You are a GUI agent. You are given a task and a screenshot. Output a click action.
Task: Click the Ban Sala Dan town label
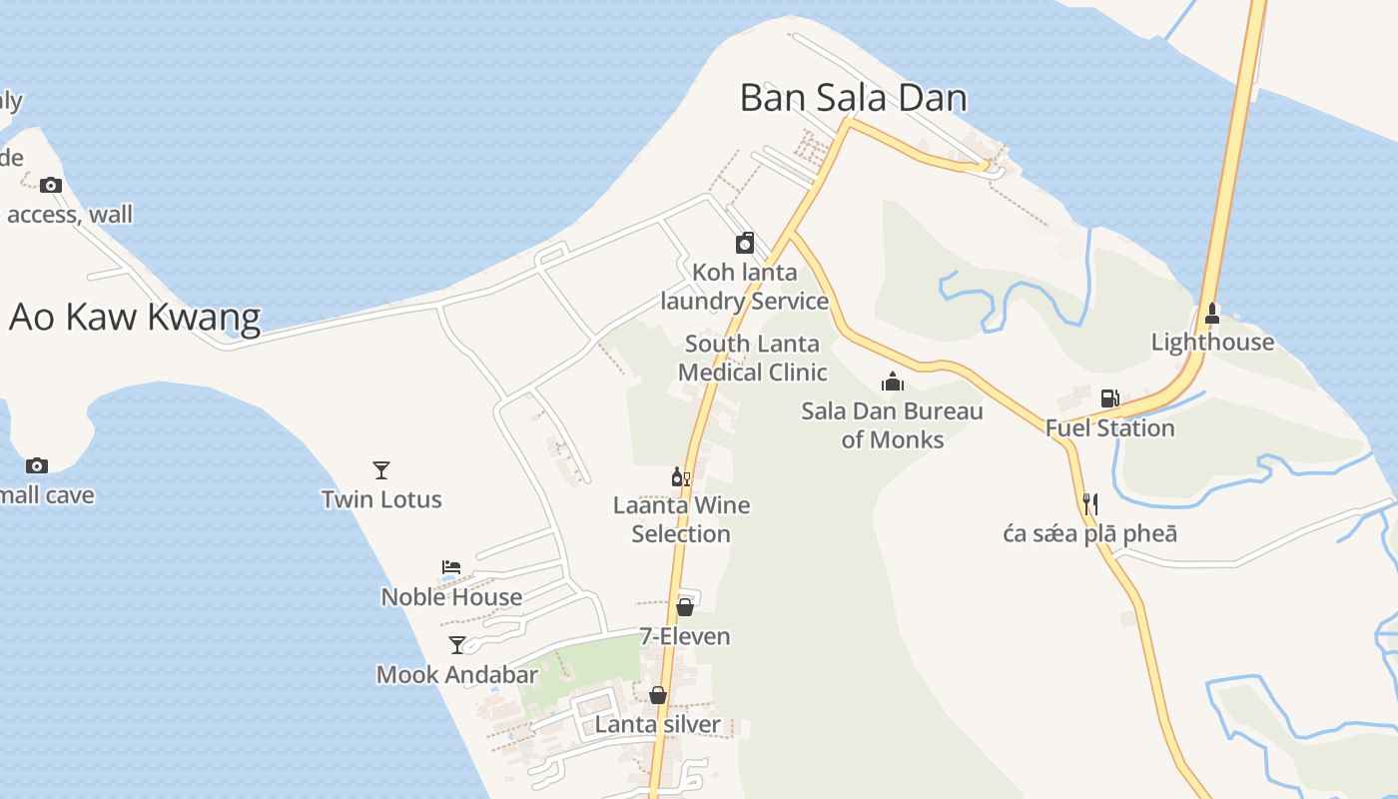(x=853, y=98)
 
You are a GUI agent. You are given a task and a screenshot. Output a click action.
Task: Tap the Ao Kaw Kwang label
(x=135, y=317)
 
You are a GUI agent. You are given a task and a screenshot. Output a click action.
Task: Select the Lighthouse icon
(x=1212, y=314)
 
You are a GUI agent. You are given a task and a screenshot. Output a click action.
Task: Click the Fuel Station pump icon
(x=1109, y=399)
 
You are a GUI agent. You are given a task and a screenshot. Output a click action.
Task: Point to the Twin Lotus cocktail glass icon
(x=381, y=470)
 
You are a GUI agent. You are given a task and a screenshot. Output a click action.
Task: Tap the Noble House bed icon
(x=451, y=567)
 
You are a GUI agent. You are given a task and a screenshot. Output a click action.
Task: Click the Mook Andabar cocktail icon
(x=457, y=645)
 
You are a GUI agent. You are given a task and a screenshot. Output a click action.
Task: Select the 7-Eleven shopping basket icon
(x=685, y=606)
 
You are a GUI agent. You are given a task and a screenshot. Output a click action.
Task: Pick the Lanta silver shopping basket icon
(x=658, y=695)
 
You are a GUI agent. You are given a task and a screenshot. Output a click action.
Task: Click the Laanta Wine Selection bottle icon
(x=681, y=477)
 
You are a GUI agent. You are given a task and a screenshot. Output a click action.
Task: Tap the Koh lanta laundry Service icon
(x=745, y=243)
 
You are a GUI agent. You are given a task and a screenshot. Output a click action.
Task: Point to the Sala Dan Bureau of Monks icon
(x=893, y=382)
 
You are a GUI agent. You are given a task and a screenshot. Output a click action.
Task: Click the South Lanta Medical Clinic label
(x=753, y=358)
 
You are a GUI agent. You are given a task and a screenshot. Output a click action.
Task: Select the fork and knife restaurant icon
(x=1090, y=504)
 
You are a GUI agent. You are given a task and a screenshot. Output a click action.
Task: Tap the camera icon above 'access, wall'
(x=51, y=185)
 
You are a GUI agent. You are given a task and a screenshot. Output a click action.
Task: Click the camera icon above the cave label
(x=37, y=465)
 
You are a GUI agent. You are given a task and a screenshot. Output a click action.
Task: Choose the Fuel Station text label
(x=1109, y=428)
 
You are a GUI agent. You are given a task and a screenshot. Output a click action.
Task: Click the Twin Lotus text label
(x=381, y=499)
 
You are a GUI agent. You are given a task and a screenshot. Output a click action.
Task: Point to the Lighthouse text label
(x=1212, y=343)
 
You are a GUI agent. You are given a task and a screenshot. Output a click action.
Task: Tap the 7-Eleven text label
(x=685, y=636)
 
